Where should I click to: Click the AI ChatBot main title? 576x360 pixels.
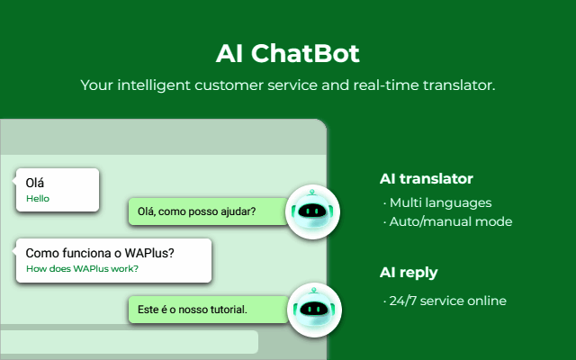tap(288, 54)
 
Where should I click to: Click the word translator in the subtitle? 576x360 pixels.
tap(459, 85)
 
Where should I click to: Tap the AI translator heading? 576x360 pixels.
tap(426, 179)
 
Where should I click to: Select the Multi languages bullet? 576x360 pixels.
tap(437, 202)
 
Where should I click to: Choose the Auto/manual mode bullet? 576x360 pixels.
tap(447, 221)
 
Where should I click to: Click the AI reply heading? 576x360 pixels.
tap(409, 273)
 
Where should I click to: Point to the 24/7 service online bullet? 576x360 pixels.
tap(445, 301)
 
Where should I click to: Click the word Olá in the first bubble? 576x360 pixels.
tap(35, 183)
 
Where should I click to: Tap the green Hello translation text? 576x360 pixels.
tap(38, 198)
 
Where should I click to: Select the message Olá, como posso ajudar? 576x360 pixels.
tap(196, 211)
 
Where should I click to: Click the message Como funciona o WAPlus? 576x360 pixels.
tap(100, 253)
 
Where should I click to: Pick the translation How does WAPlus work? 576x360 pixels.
tap(82, 268)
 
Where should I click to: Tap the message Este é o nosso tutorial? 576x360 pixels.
tap(192, 310)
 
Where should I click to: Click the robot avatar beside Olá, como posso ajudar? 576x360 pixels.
tap(312, 212)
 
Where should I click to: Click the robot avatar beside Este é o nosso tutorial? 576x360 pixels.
tap(314, 310)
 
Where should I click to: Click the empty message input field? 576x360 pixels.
tap(129, 342)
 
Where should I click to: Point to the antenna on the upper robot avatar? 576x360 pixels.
tap(312, 193)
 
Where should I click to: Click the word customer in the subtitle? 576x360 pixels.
tap(229, 85)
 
